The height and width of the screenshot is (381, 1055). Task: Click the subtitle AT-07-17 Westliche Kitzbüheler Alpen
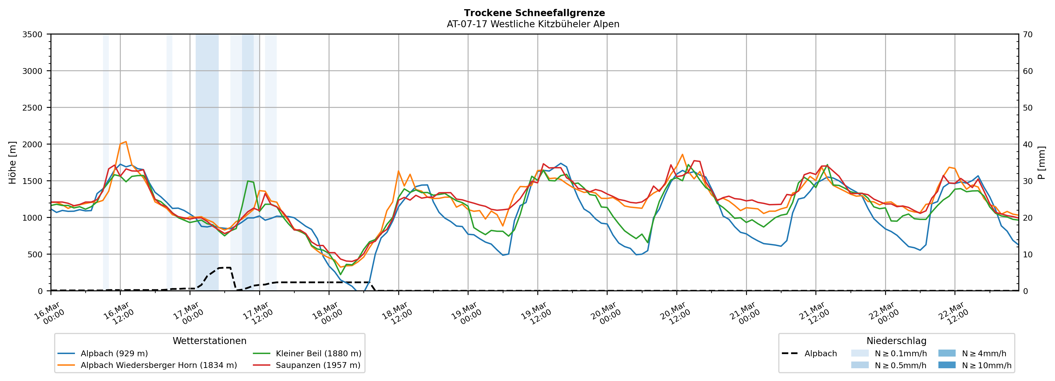(x=533, y=24)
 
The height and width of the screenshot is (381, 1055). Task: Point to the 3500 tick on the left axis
(x=32, y=34)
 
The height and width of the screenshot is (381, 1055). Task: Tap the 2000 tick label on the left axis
(x=32, y=144)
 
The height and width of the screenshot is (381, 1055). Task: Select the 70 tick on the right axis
(x=1028, y=34)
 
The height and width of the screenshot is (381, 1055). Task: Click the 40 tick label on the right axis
(x=1028, y=144)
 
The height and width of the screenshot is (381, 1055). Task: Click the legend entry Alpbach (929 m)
(x=114, y=353)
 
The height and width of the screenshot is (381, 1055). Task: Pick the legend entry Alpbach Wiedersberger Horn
(x=158, y=365)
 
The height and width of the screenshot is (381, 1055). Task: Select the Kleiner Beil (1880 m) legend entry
(x=318, y=353)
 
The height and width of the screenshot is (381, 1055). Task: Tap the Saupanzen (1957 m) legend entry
(x=318, y=365)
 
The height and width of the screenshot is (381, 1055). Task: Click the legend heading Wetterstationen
(x=209, y=341)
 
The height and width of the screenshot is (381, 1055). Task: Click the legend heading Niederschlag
(x=896, y=341)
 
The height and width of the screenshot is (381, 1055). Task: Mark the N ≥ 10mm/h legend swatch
(x=946, y=365)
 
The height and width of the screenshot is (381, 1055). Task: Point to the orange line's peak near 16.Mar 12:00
(x=126, y=142)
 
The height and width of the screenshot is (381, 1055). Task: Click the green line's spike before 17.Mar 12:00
(x=248, y=181)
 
